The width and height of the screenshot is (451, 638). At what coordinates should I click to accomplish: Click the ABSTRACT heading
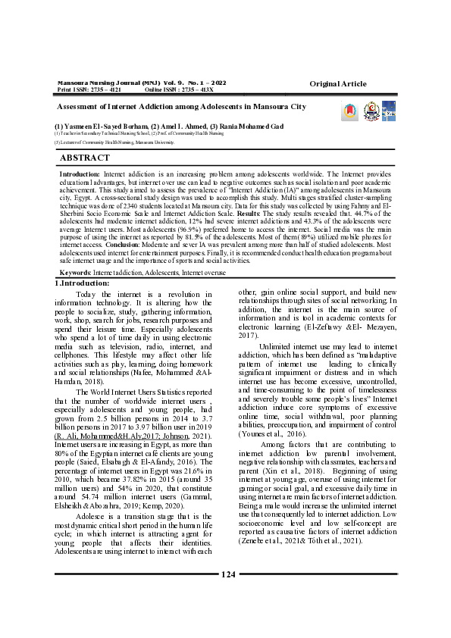point(84,158)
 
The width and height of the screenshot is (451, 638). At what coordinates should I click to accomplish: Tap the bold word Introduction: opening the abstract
point(80,174)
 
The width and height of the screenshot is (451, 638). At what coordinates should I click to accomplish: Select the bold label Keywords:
point(76,271)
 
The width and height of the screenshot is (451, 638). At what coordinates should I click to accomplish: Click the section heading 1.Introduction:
point(83,283)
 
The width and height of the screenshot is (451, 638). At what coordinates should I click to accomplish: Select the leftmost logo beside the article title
point(352,111)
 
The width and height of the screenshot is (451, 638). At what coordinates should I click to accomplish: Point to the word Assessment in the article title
point(80,107)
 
